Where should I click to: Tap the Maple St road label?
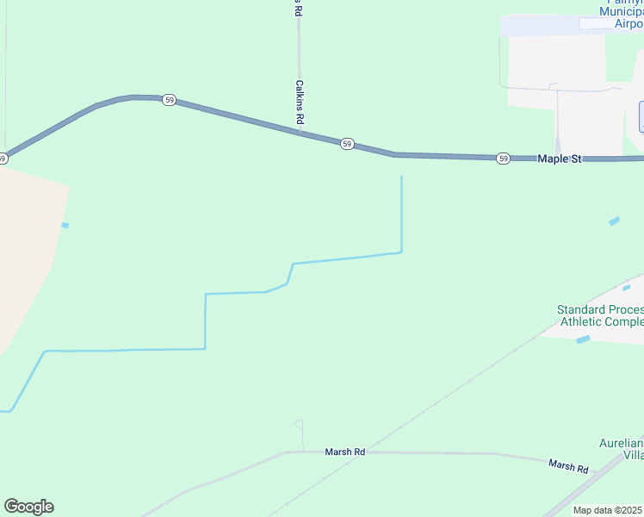[x=560, y=159]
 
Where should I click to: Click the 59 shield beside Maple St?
[x=503, y=159]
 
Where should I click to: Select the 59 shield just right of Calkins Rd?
[x=346, y=144]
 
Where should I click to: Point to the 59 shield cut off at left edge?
[x=3, y=158]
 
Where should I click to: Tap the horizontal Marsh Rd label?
[x=345, y=452]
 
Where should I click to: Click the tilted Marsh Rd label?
[x=568, y=466]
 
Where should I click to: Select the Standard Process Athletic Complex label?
[x=601, y=315]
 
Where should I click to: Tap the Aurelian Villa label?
[x=622, y=448]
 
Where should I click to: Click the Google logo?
[x=28, y=507]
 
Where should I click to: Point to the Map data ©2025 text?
[x=608, y=510]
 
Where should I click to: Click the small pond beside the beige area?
[x=65, y=225]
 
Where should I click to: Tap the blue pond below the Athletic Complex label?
[x=584, y=339]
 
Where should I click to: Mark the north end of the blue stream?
[x=401, y=178]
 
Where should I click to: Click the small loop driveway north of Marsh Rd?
[x=299, y=425]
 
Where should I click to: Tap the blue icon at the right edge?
[x=641, y=116]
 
